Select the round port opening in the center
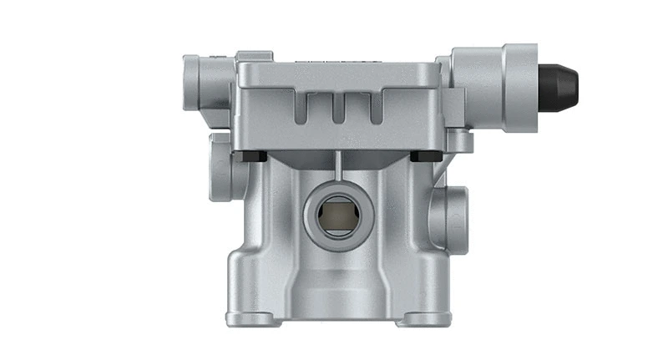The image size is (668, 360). (x=335, y=213)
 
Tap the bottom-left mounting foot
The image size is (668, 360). (x=250, y=318)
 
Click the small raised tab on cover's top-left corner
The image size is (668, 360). (x=253, y=57)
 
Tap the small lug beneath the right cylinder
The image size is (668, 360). (x=460, y=140)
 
